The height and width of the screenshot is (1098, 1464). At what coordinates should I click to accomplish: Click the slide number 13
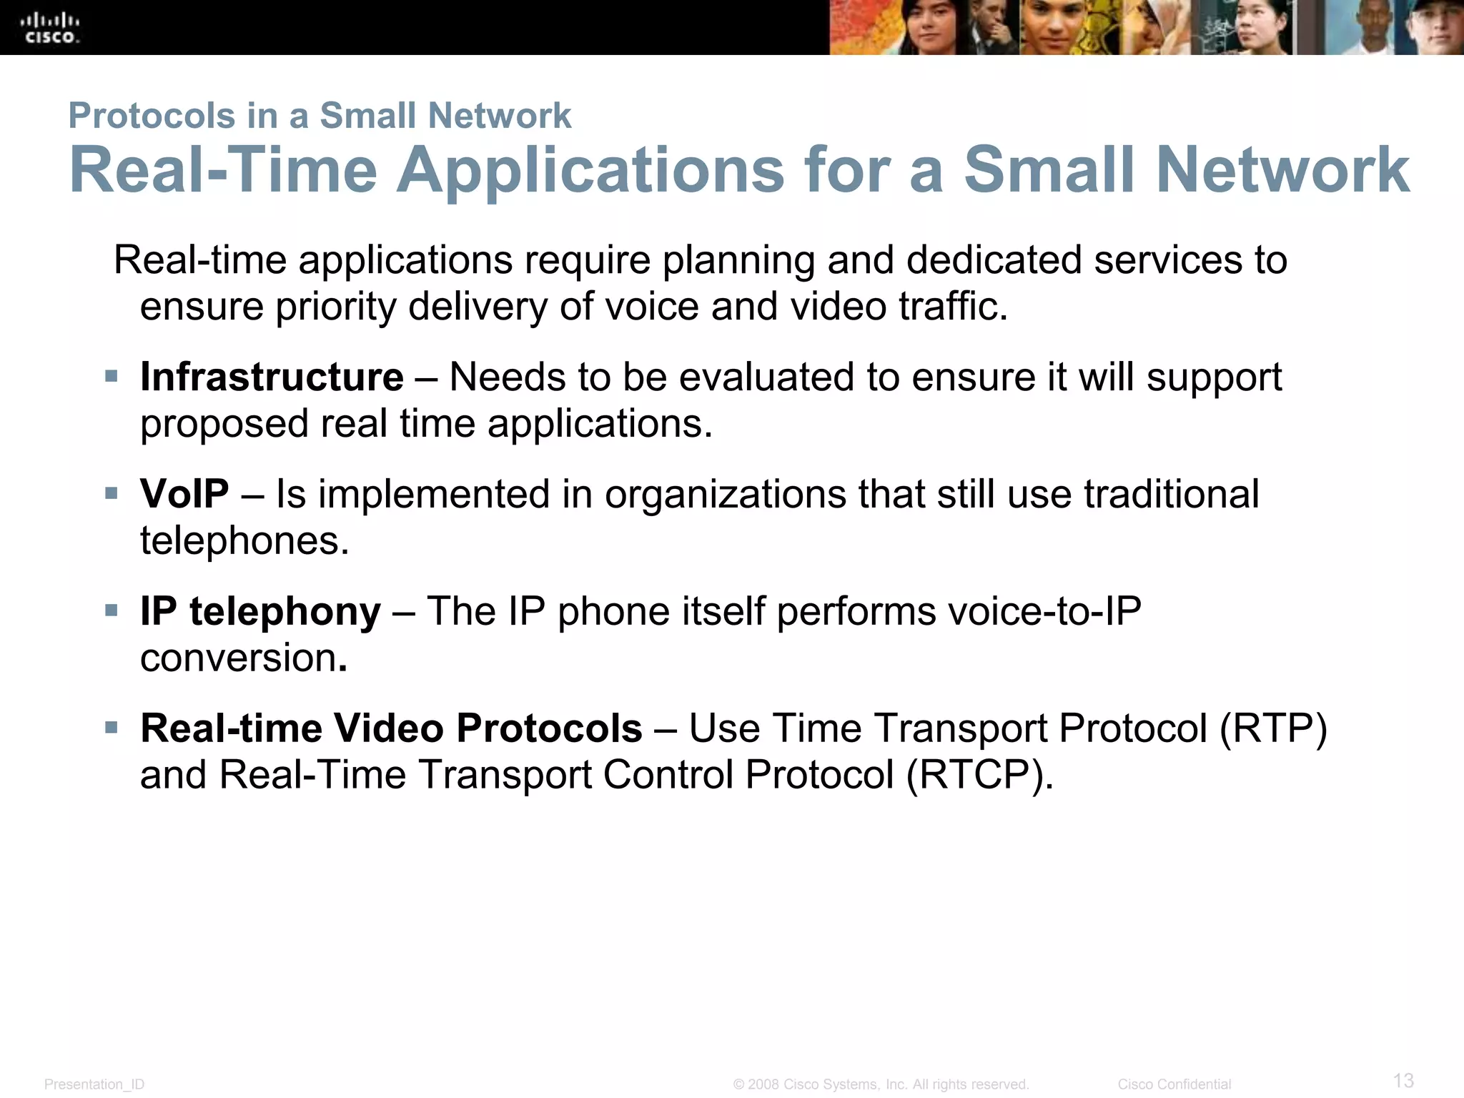pos(1403,1079)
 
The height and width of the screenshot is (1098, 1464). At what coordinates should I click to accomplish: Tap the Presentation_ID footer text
pos(94,1084)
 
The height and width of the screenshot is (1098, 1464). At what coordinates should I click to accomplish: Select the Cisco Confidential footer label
pos(1174,1084)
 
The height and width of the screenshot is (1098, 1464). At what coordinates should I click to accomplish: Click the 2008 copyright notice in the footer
pos(881,1084)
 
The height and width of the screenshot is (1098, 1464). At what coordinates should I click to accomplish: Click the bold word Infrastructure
pos(272,377)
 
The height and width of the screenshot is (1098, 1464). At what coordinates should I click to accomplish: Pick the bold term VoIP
pos(184,494)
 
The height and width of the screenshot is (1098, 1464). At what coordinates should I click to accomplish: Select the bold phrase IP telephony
pos(260,612)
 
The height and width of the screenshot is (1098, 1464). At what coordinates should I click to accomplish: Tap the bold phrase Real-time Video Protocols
pos(391,728)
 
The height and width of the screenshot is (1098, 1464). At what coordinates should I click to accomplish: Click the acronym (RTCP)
pos(979,775)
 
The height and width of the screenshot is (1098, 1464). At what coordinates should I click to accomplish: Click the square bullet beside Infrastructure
pos(111,376)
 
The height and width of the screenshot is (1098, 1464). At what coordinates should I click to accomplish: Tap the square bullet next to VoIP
pos(111,493)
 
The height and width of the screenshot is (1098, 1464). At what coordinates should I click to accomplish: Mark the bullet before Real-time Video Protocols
pos(111,728)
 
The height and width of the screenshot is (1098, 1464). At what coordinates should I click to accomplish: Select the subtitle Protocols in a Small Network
pos(320,116)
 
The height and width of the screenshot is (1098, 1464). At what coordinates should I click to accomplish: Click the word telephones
pos(244,540)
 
